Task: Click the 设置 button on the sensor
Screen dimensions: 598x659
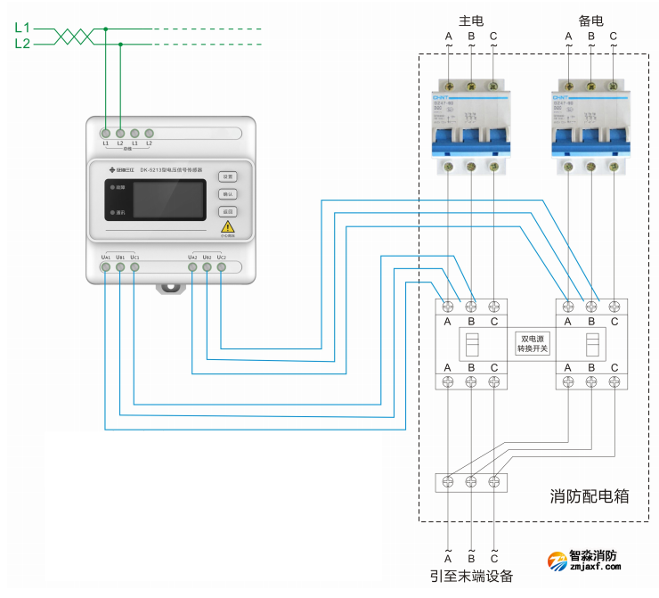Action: [227, 176]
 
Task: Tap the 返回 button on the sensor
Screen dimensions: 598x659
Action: [227, 212]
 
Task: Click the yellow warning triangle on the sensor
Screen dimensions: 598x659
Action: [228, 228]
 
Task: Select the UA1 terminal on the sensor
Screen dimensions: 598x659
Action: [105, 266]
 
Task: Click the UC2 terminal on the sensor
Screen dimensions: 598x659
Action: [221, 266]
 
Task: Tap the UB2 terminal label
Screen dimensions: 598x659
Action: [207, 257]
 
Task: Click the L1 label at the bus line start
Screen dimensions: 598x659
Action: [22, 28]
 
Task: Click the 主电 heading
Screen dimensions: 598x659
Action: [471, 18]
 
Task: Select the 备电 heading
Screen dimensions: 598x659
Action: [591, 18]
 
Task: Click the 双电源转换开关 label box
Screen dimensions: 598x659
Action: [533, 343]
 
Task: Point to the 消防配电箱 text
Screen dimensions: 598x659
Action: [589, 496]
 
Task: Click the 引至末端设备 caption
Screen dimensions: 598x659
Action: [471, 576]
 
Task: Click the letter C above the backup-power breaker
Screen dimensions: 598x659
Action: [614, 37]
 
